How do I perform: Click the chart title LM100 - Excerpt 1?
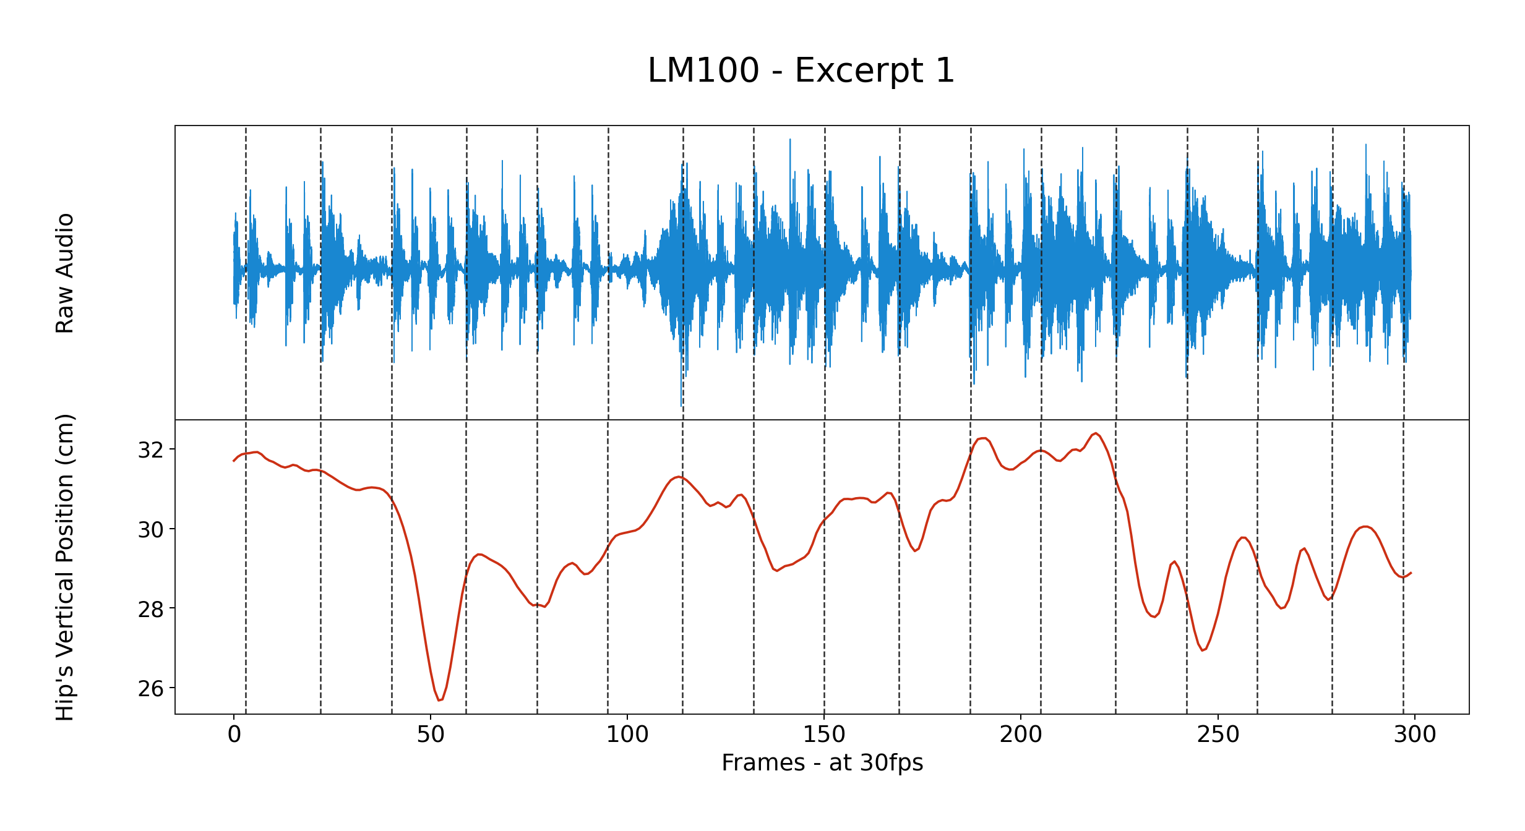pos(801,70)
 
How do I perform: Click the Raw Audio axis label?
pos(65,273)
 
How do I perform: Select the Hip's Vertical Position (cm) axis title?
pos(65,567)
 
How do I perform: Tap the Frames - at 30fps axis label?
pos(822,762)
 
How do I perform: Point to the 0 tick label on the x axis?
pos(234,735)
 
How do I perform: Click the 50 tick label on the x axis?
pos(431,735)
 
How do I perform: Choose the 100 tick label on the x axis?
pos(627,735)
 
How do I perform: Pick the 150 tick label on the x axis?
pos(824,735)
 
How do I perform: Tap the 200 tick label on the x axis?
pos(1021,735)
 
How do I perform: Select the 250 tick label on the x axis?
pos(1218,735)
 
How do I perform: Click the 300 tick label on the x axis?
pos(1414,735)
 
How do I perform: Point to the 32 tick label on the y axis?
pos(151,450)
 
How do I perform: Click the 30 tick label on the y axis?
pos(151,530)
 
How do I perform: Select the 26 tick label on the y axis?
pos(151,689)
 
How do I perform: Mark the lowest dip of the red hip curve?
pos(439,700)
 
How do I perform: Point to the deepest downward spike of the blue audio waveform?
pos(682,405)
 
